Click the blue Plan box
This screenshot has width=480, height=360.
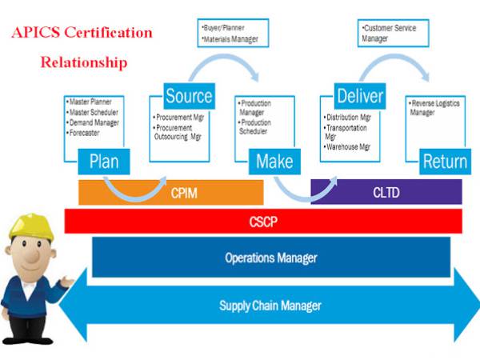click(x=104, y=162)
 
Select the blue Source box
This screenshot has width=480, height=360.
click(x=189, y=98)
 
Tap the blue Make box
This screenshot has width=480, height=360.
click(x=274, y=162)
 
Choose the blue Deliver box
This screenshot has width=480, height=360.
click(x=359, y=98)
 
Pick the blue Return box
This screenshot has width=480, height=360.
click(x=444, y=162)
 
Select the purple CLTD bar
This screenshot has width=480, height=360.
click(x=386, y=192)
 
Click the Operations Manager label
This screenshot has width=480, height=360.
click(x=270, y=258)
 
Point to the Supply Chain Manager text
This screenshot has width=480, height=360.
click(x=270, y=305)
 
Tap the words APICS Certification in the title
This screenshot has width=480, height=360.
click(x=81, y=34)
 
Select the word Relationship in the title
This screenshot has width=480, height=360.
click(x=83, y=62)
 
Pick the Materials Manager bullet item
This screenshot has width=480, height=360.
click(x=231, y=38)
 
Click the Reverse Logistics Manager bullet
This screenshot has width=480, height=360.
click(x=435, y=108)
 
